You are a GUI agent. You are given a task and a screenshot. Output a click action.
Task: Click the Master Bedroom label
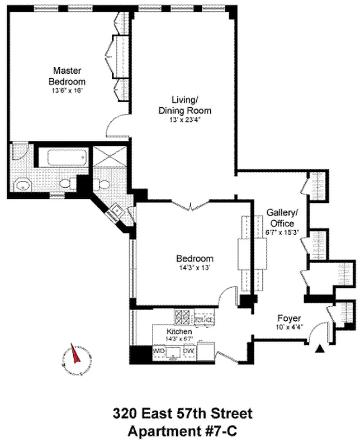(67, 75)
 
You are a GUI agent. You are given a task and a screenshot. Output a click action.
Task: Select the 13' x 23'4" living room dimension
(184, 120)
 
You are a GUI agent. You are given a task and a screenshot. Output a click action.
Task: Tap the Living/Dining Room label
(184, 105)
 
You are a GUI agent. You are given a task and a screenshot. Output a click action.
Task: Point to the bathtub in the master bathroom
(65, 157)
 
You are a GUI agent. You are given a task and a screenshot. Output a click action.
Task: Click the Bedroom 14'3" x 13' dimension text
(195, 267)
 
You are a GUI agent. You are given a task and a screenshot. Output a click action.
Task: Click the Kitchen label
(179, 332)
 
